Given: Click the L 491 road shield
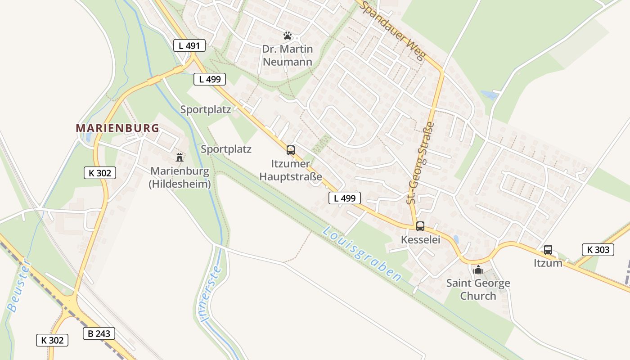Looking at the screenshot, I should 189,45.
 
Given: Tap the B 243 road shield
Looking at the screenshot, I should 99,333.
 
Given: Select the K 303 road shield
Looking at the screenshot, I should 598,250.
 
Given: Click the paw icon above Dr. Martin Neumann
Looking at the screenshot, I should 288,35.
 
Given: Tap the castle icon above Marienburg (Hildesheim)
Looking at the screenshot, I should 180,157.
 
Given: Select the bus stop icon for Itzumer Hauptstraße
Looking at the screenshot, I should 291,150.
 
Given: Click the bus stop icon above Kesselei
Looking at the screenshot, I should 420,226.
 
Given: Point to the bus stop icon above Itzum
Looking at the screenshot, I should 548,250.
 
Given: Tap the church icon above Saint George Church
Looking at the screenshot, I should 478,270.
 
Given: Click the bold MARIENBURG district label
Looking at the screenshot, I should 117,128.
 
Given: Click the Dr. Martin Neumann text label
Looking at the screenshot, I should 288,55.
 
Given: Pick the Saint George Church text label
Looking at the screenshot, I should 478,289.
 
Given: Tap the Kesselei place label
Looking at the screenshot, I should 420,240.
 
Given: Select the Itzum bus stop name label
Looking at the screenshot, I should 548,263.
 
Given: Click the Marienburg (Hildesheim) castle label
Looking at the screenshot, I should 180,178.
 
